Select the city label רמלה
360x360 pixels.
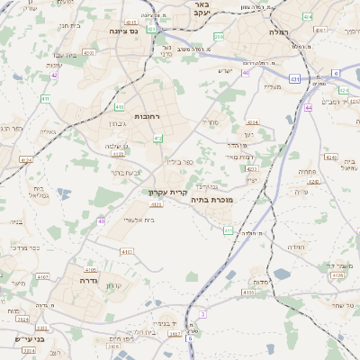coord(276,31)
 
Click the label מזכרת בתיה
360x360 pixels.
coord(211,201)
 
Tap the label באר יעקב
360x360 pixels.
coord(201,9)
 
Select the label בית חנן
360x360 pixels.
coord(69,25)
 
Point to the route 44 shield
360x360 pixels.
coord(308,107)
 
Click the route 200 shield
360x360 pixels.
coord(219,37)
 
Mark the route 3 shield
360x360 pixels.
coord(203,313)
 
